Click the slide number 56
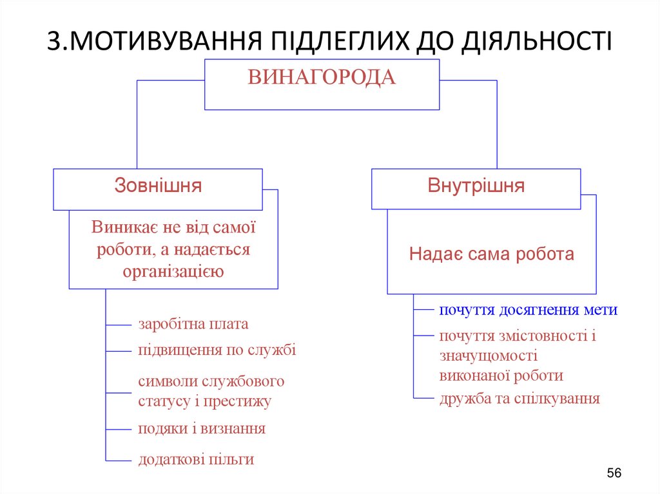(x=614, y=474)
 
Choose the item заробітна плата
(x=193, y=324)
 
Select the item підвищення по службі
(x=217, y=350)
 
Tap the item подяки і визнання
(x=201, y=428)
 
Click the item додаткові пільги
(x=196, y=459)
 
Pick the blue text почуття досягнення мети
(x=528, y=310)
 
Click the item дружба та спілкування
(x=519, y=399)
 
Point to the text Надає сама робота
(x=491, y=254)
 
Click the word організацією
(x=173, y=271)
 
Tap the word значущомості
(x=489, y=356)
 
